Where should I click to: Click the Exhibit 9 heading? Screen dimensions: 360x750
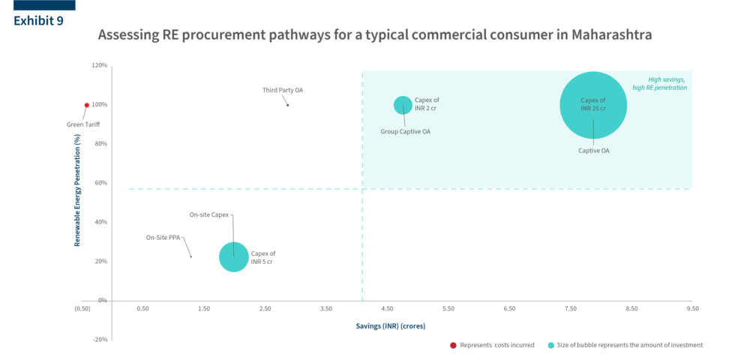[x=38, y=21]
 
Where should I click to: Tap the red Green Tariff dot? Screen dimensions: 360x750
[x=87, y=105]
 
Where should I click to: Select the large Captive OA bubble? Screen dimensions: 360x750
[x=593, y=105]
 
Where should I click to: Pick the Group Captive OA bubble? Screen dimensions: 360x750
[x=403, y=105]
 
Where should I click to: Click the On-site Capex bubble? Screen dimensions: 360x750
[x=234, y=257]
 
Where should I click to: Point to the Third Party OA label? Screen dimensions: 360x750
[x=283, y=90]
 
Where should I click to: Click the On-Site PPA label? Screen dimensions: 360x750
[x=161, y=238]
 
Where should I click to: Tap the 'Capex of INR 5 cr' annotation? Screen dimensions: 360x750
[x=263, y=257]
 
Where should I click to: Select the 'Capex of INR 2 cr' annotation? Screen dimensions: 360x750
[x=427, y=103]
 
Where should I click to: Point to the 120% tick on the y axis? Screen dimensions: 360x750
[x=99, y=65]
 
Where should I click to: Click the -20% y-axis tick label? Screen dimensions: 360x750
[x=99, y=340]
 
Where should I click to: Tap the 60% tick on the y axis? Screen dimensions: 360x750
[x=100, y=183]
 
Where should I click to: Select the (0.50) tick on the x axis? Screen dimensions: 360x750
[x=82, y=308]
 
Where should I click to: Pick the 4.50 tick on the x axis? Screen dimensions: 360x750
[x=387, y=308]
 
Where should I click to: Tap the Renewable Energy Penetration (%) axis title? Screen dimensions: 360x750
[x=77, y=190]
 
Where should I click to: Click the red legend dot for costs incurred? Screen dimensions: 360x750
[x=453, y=345]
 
